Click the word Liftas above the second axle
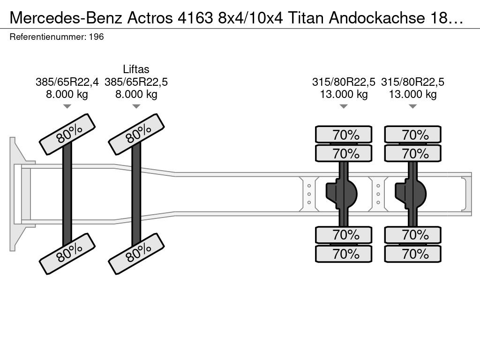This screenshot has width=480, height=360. tap(136, 69)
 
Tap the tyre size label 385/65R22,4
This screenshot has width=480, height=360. tap(67, 82)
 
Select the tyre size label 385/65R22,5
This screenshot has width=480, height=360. tap(136, 82)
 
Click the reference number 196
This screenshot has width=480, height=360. tap(97, 37)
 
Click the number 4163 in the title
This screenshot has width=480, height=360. tap(195, 18)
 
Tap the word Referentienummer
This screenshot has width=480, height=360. tap(48, 37)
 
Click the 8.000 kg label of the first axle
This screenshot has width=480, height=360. tap(67, 94)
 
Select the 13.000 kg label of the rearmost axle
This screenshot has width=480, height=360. tap(412, 94)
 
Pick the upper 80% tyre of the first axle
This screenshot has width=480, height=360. tap(67, 134)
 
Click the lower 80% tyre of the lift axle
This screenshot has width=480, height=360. tap(136, 254)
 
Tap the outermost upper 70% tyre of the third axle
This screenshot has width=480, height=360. tap(344, 135)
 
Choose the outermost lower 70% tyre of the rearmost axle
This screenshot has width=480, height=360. tap(412, 254)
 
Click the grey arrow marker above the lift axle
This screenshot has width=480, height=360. tap(136, 106)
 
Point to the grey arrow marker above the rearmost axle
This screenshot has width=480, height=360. tap(412, 106)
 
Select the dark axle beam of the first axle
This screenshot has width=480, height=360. tap(67, 194)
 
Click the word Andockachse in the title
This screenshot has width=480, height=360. tap(377, 18)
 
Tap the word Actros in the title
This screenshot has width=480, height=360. tap(150, 18)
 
